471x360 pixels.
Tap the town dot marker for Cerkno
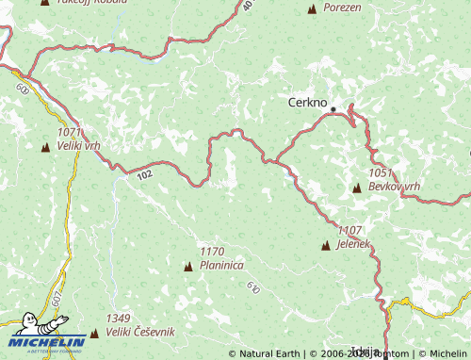point(333,109)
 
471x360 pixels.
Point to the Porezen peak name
point(342,8)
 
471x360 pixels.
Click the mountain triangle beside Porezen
point(312,9)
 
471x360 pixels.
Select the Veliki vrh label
point(78,146)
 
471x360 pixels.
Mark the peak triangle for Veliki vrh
point(44,147)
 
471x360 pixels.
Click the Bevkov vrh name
point(393,187)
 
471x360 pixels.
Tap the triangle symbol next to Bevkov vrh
point(356,188)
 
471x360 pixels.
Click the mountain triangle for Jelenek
point(326,246)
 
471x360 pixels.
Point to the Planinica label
point(222,266)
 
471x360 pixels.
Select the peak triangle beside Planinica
point(187,267)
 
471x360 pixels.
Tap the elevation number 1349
point(119,319)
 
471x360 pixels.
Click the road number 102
point(143,174)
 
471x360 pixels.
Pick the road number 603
point(22,88)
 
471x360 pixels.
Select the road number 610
point(252,286)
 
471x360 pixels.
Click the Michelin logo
point(47,334)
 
